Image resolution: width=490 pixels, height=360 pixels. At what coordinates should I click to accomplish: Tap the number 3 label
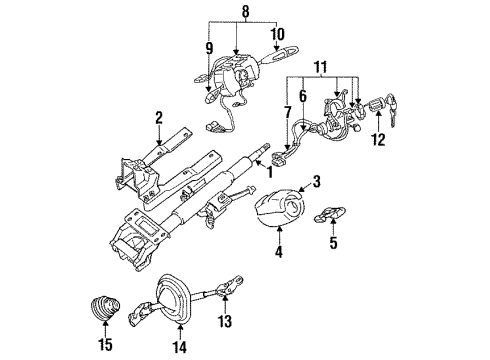[315, 183]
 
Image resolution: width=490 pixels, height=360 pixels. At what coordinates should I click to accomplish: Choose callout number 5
[335, 243]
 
